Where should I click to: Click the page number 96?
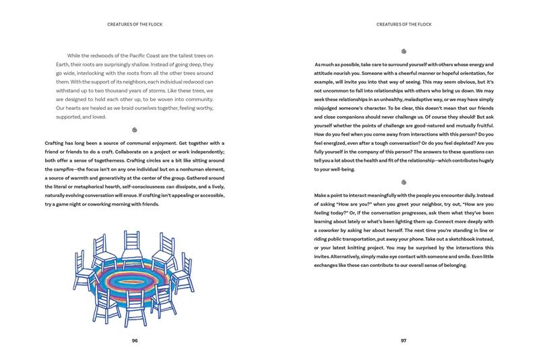click(135, 340)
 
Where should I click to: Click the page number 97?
click(404, 340)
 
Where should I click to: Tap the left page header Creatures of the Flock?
click(135, 25)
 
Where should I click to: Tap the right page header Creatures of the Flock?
click(404, 25)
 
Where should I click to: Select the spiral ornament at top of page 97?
click(404, 50)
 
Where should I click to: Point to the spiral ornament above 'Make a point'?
click(404, 182)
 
